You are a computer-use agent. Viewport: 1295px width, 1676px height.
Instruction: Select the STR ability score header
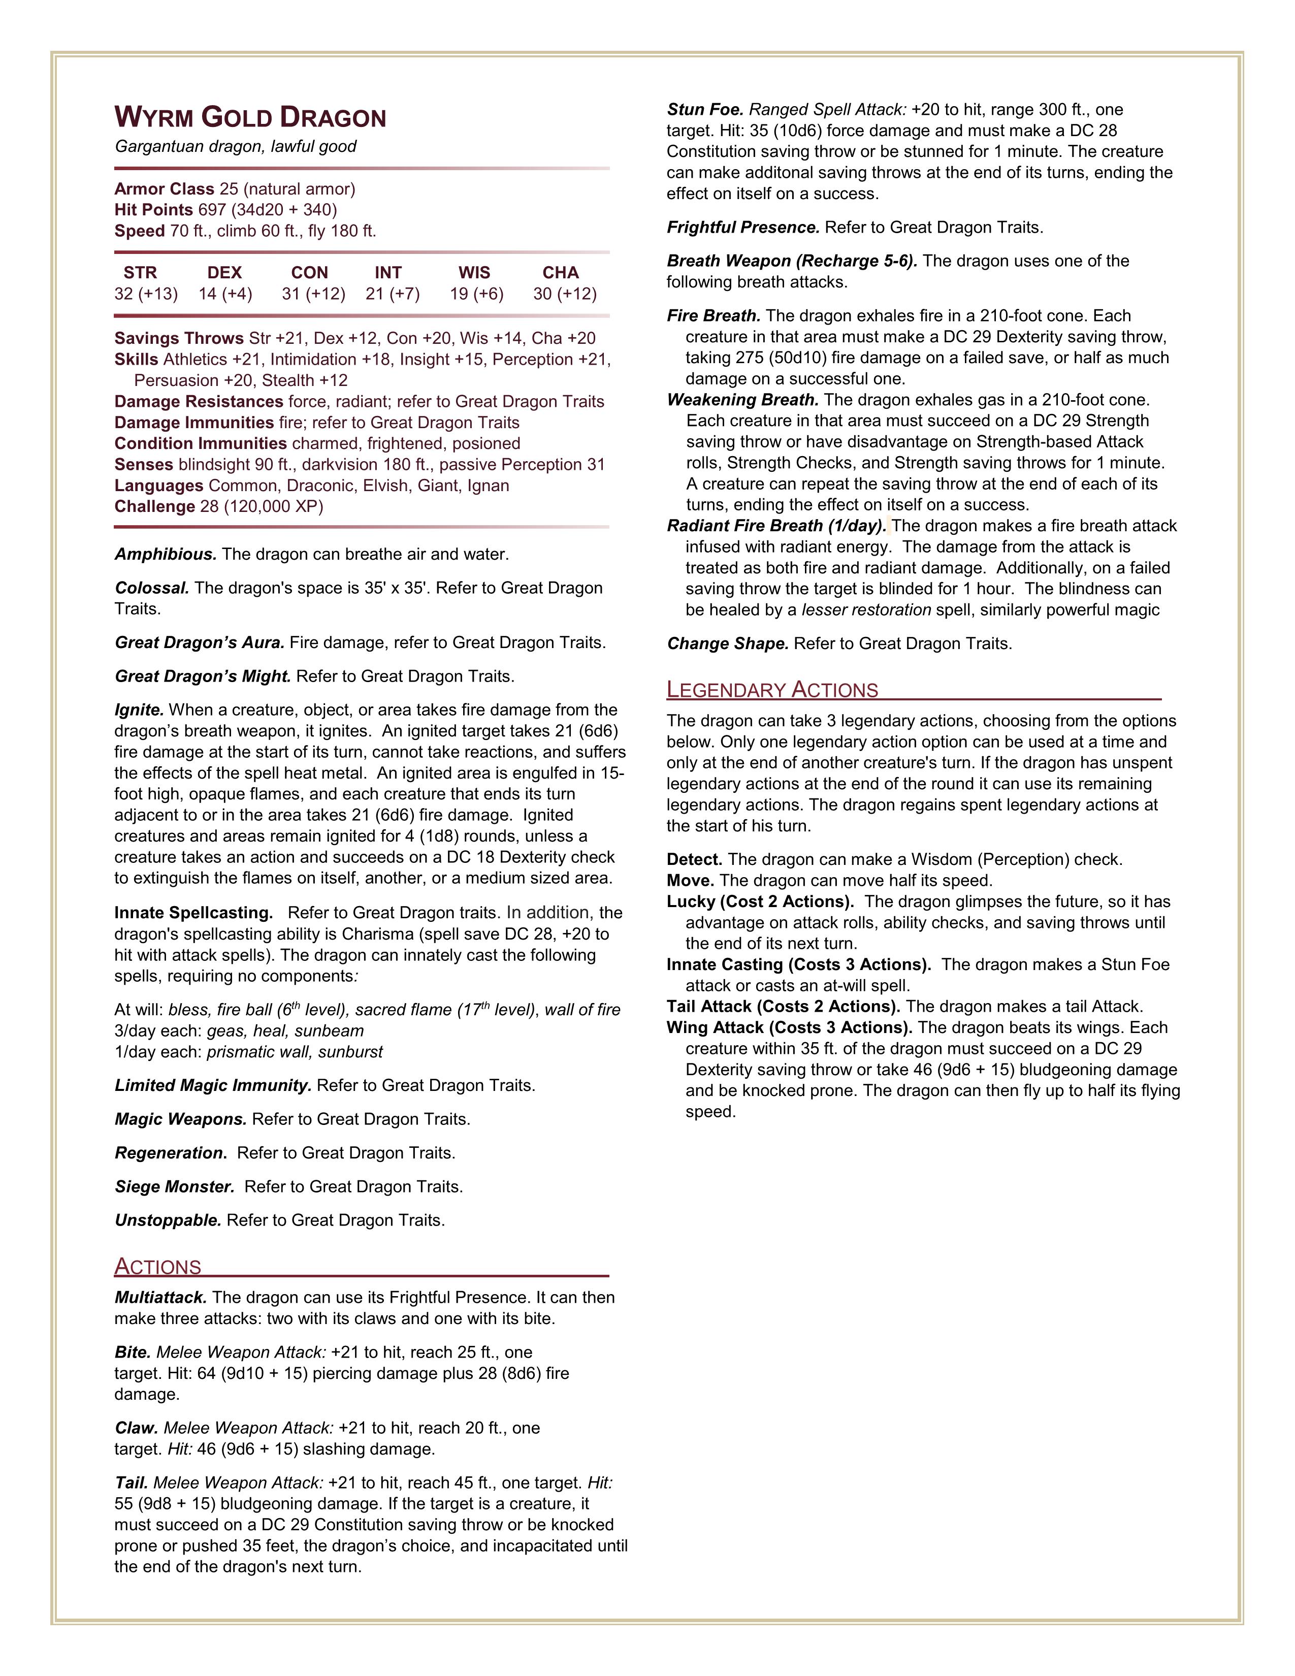pos(140,272)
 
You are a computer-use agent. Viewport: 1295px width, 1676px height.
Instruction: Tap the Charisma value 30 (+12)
pos(565,294)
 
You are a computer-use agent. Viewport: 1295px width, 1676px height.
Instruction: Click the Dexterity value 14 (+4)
pos(225,294)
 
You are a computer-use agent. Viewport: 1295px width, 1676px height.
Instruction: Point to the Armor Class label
pos(164,189)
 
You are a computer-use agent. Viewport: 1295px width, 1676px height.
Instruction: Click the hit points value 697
pos(212,209)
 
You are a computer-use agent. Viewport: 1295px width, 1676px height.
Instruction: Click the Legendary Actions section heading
pos(772,690)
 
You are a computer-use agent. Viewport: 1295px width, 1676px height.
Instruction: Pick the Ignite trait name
pos(139,710)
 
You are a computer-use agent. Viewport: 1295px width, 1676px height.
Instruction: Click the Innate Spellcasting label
pos(193,913)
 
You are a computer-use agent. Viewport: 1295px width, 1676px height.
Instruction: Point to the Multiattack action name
pos(160,1297)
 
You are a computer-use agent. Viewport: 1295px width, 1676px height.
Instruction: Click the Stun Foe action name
pos(705,110)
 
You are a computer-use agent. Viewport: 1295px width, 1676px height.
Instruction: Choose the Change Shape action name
pos(727,644)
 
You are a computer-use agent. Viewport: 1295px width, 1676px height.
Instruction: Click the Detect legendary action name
pos(694,859)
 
